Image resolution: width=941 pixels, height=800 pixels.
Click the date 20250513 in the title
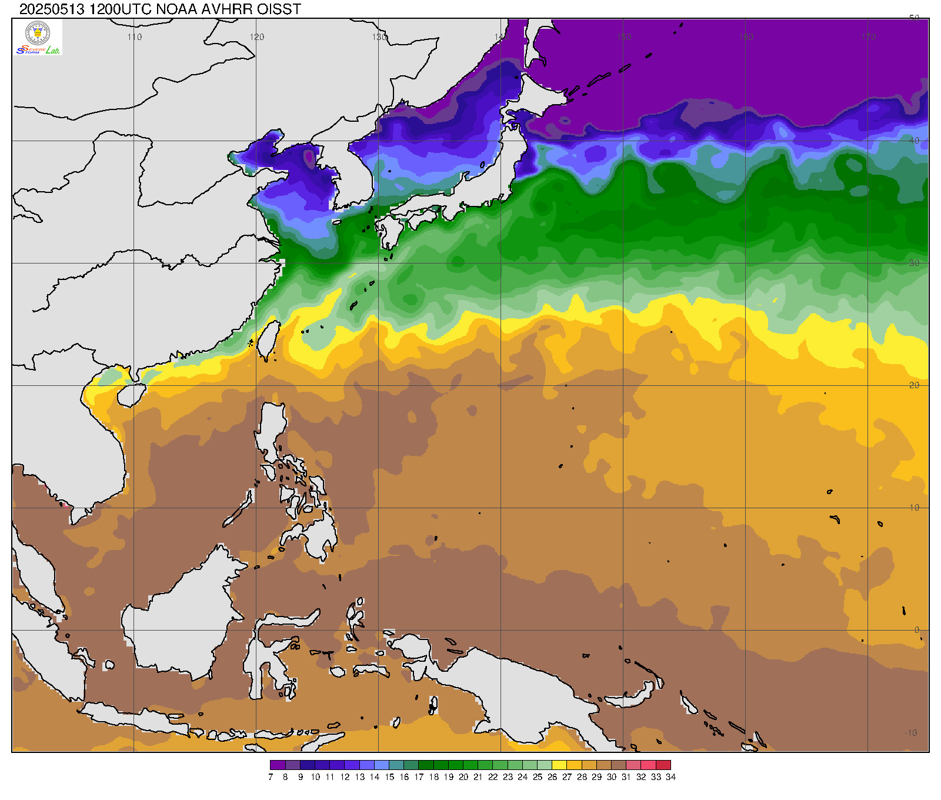[x=52, y=9]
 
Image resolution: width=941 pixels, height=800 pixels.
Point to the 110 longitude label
[x=135, y=37]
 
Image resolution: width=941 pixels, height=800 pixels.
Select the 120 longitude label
[x=257, y=37]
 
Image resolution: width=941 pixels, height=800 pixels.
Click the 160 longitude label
[x=746, y=37]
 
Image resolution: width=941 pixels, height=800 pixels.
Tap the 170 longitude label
[x=869, y=37]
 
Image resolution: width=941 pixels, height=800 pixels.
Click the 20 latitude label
[x=914, y=385]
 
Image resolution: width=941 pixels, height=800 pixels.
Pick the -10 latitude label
[x=910, y=733]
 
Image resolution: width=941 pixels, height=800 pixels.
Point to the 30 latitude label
[x=914, y=263]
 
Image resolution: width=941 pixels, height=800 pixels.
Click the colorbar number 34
[x=670, y=777]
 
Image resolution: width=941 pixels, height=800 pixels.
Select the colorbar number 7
[x=271, y=777]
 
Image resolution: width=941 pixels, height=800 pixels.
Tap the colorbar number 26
[x=552, y=777]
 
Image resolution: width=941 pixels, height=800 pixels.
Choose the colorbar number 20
[x=463, y=777]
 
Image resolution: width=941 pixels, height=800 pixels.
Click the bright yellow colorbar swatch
[x=559, y=765]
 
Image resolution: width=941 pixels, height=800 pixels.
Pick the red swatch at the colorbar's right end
[x=663, y=765]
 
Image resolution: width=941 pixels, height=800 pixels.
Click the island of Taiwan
[x=268, y=340]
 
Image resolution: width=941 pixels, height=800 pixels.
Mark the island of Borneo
[x=182, y=618]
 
